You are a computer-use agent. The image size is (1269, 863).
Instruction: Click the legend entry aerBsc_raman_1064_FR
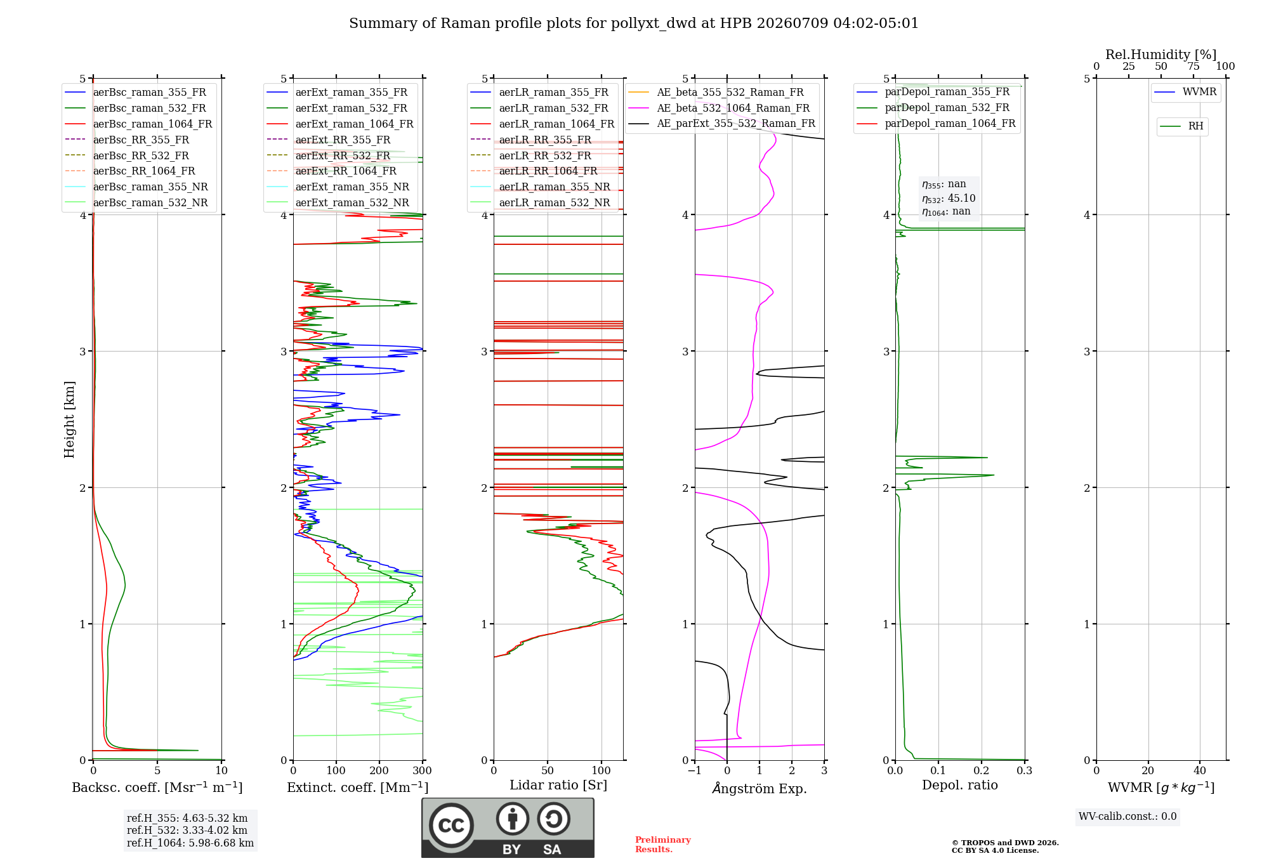tap(138, 124)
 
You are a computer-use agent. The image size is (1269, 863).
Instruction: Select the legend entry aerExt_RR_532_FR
tap(329, 155)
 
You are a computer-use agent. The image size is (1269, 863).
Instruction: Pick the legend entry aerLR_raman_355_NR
tap(540, 187)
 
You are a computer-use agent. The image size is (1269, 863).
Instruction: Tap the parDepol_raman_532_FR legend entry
tap(933, 108)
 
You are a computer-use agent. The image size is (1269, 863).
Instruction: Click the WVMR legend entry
tap(1185, 92)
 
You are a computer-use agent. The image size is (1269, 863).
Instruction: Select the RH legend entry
tap(1181, 126)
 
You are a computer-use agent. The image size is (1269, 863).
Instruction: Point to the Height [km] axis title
tap(69, 419)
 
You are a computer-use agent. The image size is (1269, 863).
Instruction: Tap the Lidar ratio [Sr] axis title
tap(558, 786)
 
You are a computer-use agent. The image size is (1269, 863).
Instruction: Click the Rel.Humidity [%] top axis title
tap(1161, 55)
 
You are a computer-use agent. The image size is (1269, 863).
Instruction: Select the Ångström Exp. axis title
tap(759, 788)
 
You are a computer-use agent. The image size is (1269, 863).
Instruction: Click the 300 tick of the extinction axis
tap(423, 771)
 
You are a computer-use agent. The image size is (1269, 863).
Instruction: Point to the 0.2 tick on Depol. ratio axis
tap(982, 771)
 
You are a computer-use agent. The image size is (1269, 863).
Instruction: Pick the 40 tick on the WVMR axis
tap(1200, 771)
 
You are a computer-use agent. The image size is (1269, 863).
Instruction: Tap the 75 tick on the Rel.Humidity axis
tap(1193, 67)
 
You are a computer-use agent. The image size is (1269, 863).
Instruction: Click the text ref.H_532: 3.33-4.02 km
tap(187, 831)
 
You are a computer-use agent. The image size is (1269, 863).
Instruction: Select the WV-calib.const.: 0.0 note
tap(1128, 817)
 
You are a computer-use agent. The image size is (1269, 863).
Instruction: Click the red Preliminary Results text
tap(663, 845)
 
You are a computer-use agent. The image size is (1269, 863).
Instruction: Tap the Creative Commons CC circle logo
tap(451, 825)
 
